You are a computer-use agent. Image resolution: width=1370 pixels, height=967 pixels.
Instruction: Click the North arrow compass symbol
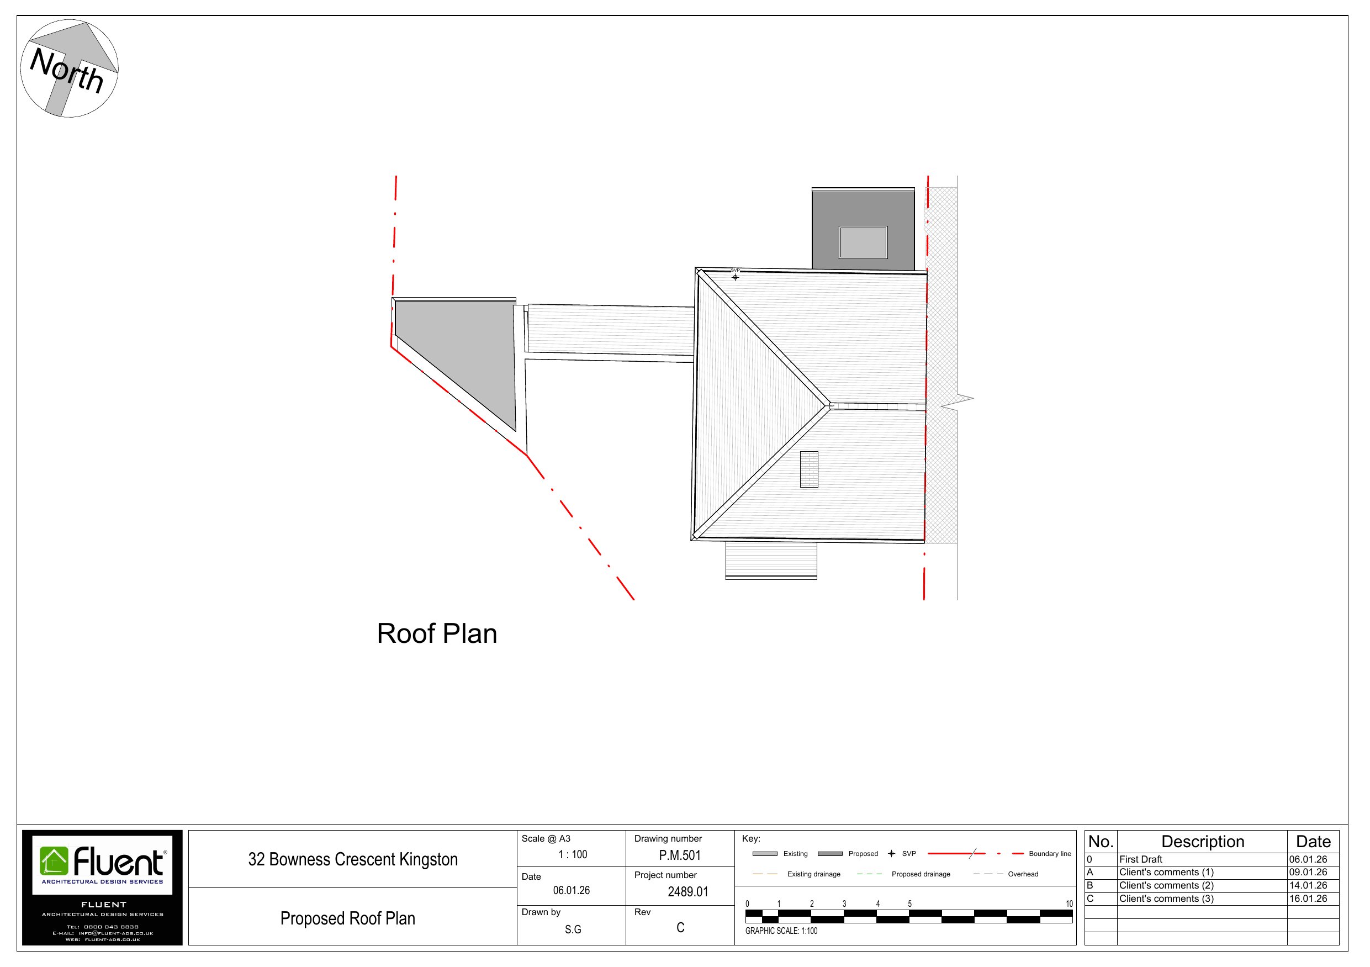click(x=69, y=68)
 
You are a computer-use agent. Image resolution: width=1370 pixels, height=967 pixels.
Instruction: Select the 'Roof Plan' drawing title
click(x=437, y=634)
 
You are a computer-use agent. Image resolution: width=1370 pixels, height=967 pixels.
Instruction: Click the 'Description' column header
click(x=1202, y=842)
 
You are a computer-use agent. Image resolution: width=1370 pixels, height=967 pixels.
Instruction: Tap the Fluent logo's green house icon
click(x=54, y=862)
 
